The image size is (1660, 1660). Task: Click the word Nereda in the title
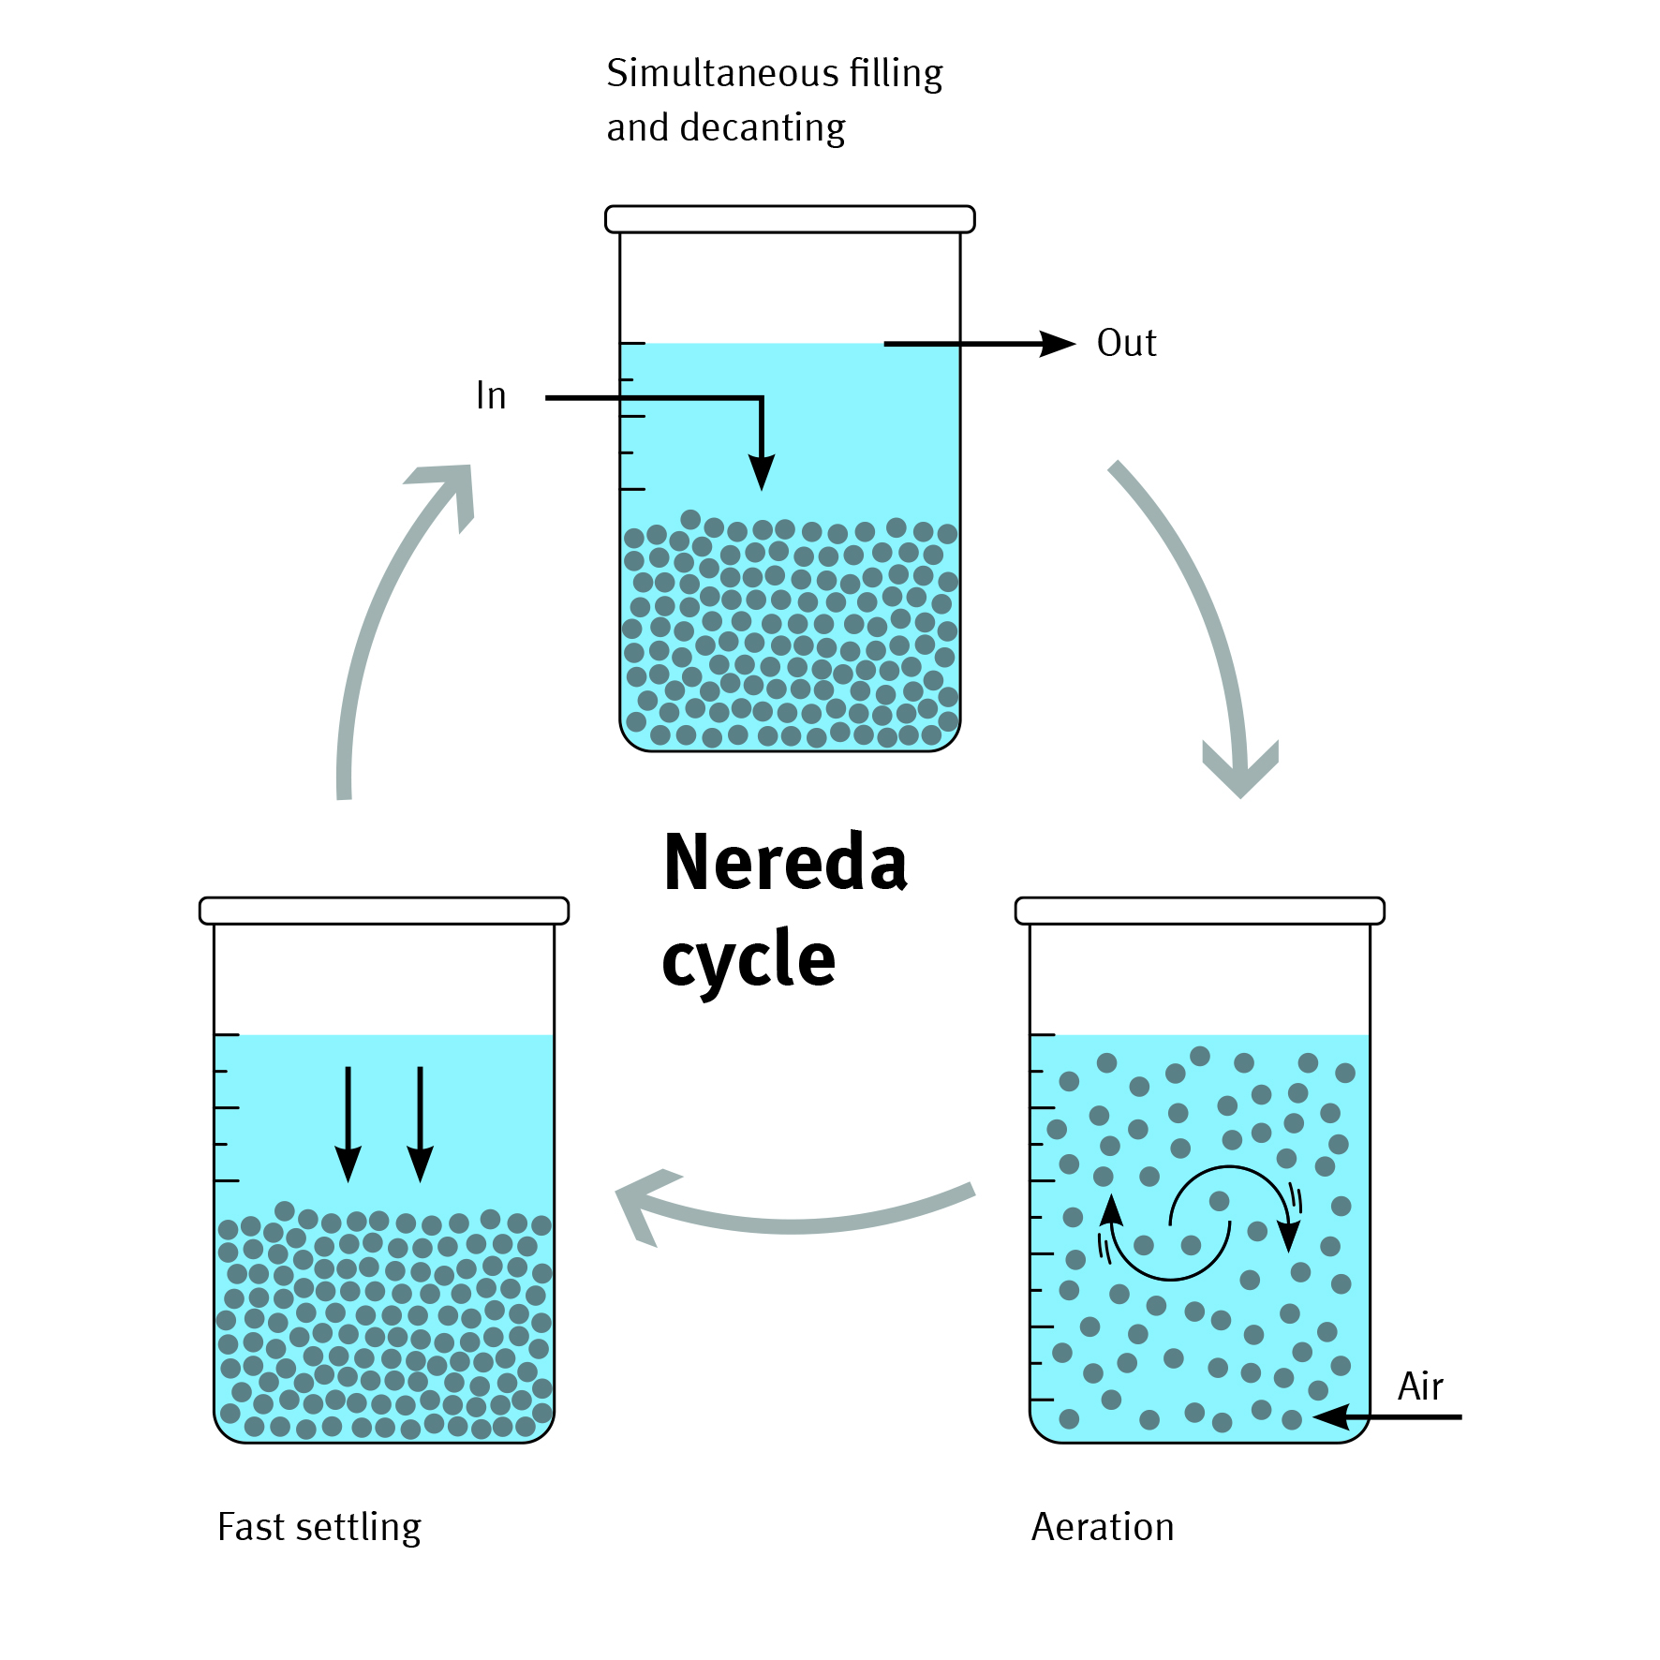point(785,862)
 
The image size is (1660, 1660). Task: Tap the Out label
point(1126,343)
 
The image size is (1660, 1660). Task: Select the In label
point(491,395)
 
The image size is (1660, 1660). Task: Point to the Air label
point(1420,1386)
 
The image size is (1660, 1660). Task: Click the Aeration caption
point(1103,1527)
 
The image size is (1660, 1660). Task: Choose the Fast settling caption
point(319,1527)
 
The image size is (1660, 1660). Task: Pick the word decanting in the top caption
point(763,127)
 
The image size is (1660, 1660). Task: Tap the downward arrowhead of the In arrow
point(762,472)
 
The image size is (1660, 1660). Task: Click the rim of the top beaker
point(790,219)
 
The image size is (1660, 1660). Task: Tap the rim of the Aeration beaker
point(1200,911)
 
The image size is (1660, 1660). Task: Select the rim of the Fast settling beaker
point(384,911)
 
